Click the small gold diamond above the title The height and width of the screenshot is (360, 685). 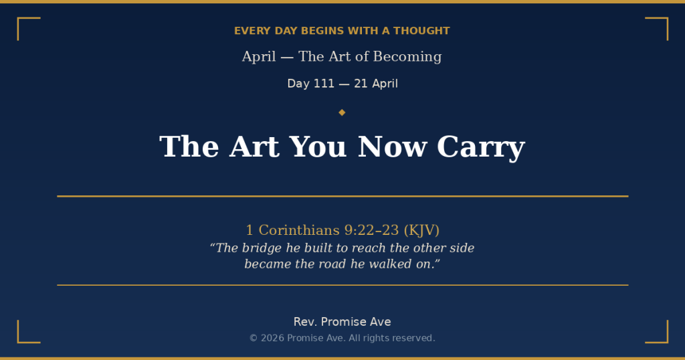[342, 112]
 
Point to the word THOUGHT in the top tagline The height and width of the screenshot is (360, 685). [421, 31]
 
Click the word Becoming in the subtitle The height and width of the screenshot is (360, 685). [407, 57]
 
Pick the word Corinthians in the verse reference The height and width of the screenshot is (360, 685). [299, 230]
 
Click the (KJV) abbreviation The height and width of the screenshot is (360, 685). [421, 230]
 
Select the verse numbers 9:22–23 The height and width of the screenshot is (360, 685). [372, 230]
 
